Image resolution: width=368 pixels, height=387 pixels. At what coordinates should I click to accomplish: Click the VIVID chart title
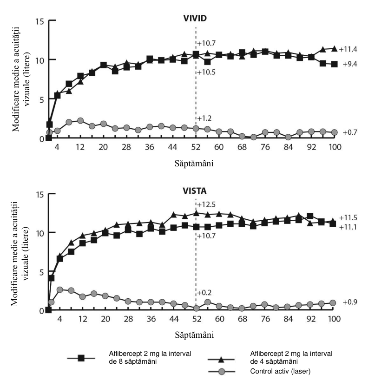[195, 18]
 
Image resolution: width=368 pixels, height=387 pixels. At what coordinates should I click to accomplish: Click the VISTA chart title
[195, 191]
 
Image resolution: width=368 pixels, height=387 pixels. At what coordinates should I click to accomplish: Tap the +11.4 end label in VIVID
[348, 49]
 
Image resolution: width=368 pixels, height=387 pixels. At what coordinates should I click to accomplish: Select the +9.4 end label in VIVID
[350, 64]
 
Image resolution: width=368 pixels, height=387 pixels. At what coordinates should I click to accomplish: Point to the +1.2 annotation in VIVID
[204, 118]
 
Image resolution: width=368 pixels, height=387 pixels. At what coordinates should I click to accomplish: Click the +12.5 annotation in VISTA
[206, 204]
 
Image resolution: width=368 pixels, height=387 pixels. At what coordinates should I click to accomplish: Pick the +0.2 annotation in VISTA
[204, 293]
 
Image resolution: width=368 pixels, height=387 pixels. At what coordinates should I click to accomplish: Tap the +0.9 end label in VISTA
[350, 302]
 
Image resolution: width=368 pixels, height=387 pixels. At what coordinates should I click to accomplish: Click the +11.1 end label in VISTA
[348, 227]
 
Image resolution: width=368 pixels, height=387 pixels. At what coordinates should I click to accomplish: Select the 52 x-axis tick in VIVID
[196, 147]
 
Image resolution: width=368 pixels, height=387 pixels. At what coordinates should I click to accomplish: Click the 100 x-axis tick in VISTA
[335, 319]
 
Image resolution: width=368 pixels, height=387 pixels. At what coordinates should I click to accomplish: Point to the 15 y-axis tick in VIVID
[40, 21]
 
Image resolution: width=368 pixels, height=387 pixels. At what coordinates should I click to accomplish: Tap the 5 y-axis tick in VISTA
[42, 272]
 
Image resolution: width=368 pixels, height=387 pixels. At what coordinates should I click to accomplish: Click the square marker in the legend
[81, 358]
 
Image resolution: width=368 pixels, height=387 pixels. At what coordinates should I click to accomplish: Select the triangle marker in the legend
[221, 360]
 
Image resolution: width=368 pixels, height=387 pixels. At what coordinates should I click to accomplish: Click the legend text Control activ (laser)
[280, 371]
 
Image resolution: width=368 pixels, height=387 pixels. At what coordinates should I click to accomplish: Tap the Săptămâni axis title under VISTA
[194, 335]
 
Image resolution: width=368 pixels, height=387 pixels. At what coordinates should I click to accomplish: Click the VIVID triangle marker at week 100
[335, 49]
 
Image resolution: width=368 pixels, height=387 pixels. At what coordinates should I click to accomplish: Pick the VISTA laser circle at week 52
[196, 308]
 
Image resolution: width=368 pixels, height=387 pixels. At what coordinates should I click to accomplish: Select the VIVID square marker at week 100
[335, 64]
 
